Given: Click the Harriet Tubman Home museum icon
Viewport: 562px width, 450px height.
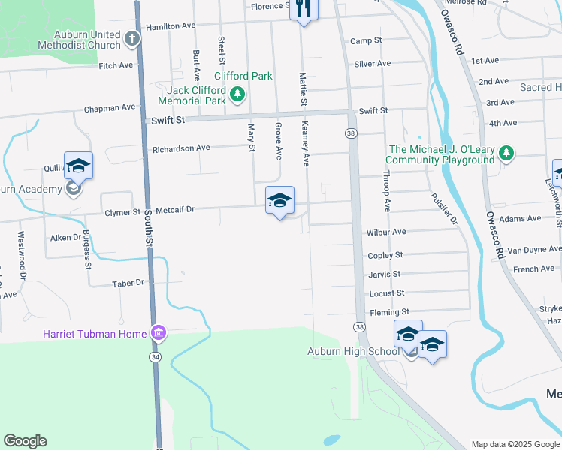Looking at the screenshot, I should coord(158,333).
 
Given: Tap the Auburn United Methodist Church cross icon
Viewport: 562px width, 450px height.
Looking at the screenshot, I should coord(131,37).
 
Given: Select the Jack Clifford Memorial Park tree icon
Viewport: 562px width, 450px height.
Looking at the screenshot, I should coord(237,94).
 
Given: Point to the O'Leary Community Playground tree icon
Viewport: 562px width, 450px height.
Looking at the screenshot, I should coord(506,154).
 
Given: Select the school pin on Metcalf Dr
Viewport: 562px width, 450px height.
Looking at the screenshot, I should coord(279,201).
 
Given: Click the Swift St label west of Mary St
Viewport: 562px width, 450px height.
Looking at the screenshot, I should coord(168,118).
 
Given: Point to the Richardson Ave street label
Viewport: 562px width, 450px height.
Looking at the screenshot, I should coord(181,148).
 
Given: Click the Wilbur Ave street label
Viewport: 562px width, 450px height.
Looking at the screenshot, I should coord(387,232).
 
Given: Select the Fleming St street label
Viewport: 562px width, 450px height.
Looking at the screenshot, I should coord(388,311).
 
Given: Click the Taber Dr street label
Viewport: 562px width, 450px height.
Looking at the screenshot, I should coord(128,283).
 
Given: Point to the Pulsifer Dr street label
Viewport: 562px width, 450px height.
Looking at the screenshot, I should coord(443,208).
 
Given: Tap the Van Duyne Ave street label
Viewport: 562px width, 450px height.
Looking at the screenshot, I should coord(534,249).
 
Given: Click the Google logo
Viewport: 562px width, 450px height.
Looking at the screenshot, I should coord(25,441).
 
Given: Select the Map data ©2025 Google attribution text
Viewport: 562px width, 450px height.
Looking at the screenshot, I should coord(515,444).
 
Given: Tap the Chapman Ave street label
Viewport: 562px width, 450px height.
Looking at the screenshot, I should coord(110,108).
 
